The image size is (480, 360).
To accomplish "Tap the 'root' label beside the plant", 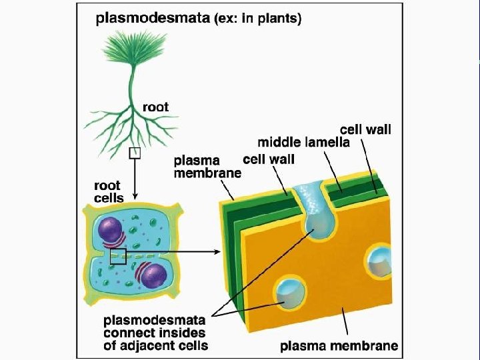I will (x=155, y=107).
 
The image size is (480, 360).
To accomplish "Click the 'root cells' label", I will (x=108, y=193).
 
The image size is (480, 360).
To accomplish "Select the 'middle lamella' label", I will (x=303, y=141).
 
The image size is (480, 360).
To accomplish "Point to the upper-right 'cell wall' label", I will (x=365, y=129).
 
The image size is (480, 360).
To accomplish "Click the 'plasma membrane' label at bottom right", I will (x=339, y=345).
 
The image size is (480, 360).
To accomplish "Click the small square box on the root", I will (x=135, y=153).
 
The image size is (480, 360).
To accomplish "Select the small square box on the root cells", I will (x=118, y=255).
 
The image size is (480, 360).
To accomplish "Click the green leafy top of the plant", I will (x=131, y=50).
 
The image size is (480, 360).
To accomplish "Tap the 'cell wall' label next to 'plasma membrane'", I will (x=268, y=159).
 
